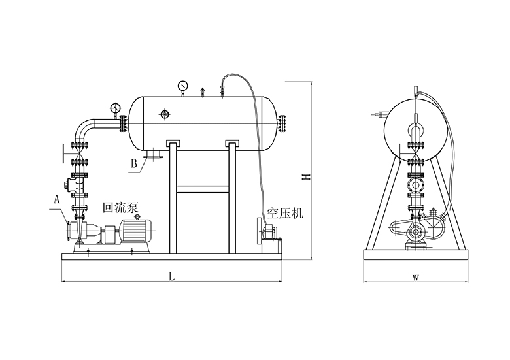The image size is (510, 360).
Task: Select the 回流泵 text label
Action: pos(121,208)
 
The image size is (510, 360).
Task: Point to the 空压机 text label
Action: pos(284,214)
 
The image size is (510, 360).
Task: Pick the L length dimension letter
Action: pos(171,276)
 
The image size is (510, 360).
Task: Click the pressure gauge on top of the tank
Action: pos(182,86)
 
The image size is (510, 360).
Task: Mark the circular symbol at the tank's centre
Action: pos(164,115)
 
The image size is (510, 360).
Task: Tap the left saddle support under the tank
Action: pos(173,143)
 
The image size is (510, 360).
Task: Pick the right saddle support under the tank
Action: pos(233,143)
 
